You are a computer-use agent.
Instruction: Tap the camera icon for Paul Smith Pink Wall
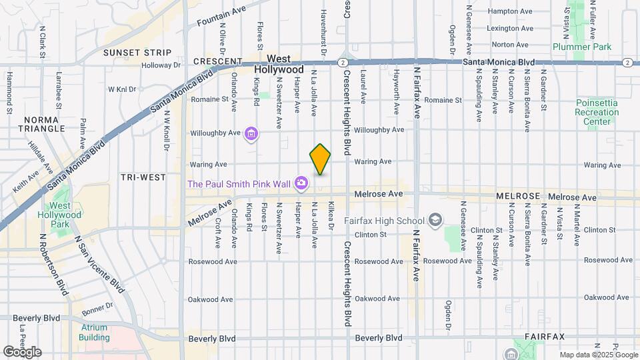(301, 183)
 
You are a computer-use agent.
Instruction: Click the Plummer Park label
(573, 47)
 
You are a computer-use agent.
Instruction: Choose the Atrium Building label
(94, 332)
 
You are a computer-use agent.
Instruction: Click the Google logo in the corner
(21, 351)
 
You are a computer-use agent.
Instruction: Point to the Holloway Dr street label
(161, 65)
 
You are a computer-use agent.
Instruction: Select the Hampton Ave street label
(511, 11)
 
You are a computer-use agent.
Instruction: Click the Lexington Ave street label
(511, 29)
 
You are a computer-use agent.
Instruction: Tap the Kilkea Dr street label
(331, 217)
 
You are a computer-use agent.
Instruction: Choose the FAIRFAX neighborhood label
(545, 337)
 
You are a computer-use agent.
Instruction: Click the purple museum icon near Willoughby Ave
(251, 135)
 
